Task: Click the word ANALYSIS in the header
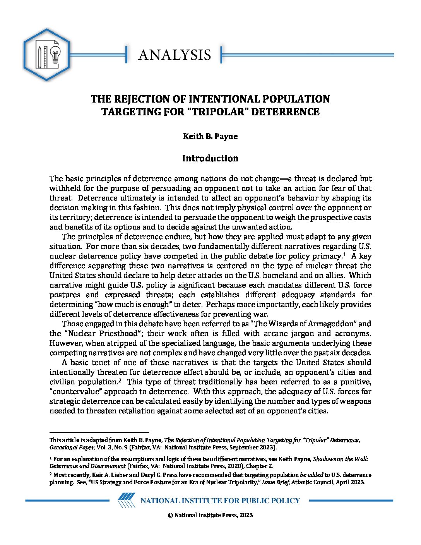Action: [175, 55]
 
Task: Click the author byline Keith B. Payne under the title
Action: [210, 136]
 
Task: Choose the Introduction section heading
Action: [210, 158]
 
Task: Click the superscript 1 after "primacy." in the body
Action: [344, 254]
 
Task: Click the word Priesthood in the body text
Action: [119, 333]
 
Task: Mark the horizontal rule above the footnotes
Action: [99, 432]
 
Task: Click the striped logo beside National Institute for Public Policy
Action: [126, 500]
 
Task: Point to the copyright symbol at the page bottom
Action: [170, 515]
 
